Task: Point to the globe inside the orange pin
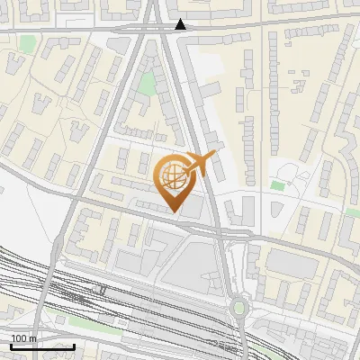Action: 172,177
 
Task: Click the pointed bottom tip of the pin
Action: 175,211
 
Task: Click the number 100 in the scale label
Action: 19,338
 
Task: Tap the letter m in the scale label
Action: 33,338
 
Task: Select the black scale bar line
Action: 42,346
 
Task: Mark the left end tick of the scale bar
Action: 11,345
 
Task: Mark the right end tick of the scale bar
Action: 74,345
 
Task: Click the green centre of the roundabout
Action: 238,309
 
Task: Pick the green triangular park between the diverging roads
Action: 147,85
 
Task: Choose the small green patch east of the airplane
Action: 278,185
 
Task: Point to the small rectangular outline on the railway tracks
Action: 103,291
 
